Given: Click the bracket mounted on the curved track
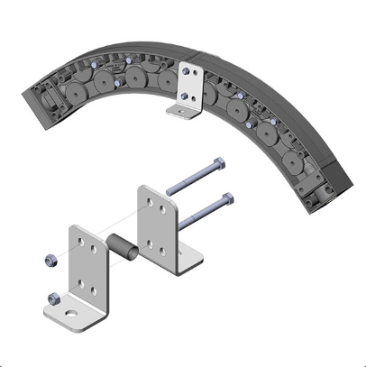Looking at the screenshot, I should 190,85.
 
